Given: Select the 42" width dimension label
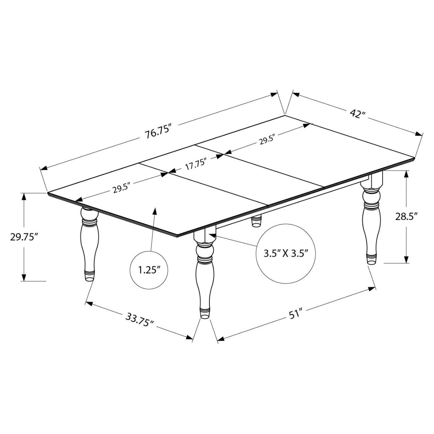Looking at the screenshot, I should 357,114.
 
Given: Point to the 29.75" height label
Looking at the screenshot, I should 24,237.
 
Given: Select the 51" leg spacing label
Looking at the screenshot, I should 295,314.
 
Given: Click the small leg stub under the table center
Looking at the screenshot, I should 256,221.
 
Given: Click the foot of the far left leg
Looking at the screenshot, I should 89,276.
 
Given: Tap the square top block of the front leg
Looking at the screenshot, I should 205,236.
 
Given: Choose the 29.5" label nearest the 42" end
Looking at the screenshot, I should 267,140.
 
